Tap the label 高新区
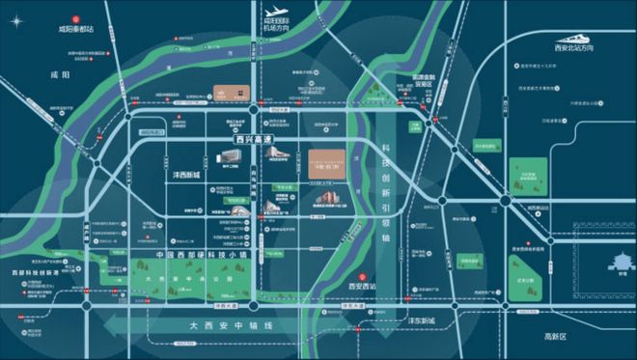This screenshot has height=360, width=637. [x=559, y=337]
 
